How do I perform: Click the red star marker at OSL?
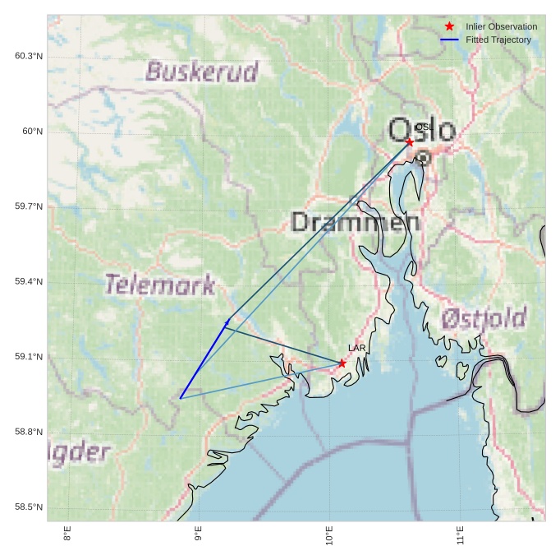410,142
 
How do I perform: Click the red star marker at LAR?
342,363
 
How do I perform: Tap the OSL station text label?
424,127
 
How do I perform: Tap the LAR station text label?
356,349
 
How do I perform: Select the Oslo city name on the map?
421,131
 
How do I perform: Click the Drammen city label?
355,222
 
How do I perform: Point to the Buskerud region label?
202,72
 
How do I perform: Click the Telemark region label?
160,285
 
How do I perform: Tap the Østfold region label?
484,317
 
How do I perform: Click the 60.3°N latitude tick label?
29,56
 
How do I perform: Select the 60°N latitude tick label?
33,132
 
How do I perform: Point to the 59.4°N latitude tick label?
29,282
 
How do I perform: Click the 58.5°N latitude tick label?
29,507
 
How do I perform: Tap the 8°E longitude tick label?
67,535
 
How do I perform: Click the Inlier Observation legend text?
501,26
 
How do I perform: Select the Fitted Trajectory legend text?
498,39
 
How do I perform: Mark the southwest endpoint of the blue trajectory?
181,399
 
